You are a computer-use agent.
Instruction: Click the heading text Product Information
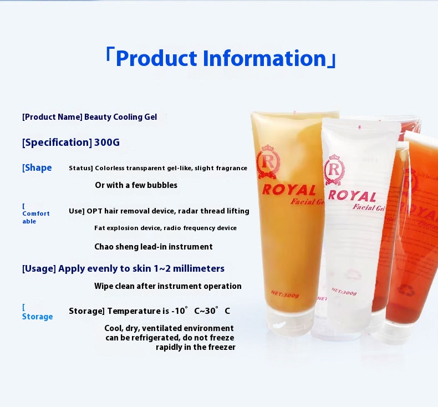(x=221, y=58)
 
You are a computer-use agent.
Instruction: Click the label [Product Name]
(x=52, y=117)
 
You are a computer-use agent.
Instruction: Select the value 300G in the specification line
(x=107, y=143)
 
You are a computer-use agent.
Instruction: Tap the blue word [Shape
(x=37, y=168)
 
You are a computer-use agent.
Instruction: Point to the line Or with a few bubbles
(x=136, y=185)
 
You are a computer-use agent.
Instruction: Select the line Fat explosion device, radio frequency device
(x=165, y=228)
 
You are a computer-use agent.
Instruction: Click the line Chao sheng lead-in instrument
(x=153, y=247)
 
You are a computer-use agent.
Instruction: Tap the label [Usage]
(x=39, y=268)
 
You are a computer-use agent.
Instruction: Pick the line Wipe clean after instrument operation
(x=167, y=286)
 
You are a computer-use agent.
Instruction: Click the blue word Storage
(x=37, y=317)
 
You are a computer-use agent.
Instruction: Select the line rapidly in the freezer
(x=195, y=347)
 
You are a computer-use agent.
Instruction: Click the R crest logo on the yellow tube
(x=268, y=162)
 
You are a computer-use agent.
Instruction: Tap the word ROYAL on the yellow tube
(x=288, y=190)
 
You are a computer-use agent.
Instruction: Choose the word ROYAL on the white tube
(x=352, y=195)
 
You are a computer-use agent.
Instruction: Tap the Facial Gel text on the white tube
(x=368, y=208)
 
